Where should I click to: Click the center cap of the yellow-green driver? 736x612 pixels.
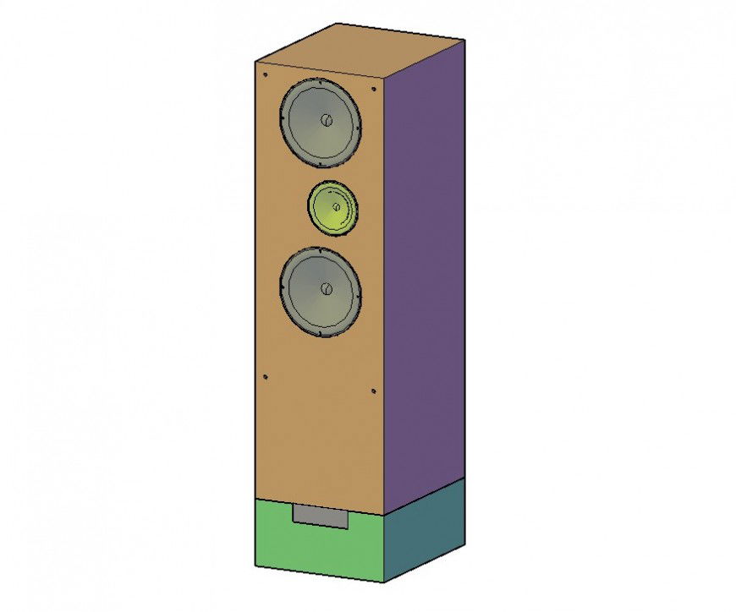click(x=336, y=206)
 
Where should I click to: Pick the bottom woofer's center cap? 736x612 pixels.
click(x=326, y=289)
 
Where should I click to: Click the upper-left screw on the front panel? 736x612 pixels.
click(x=265, y=74)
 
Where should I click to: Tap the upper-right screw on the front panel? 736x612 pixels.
click(x=373, y=88)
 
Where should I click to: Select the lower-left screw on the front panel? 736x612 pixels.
click(x=265, y=377)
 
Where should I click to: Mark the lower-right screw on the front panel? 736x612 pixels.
click(x=373, y=391)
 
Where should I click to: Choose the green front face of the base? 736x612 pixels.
click(x=279, y=541)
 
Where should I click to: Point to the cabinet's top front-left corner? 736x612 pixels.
click(x=256, y=62)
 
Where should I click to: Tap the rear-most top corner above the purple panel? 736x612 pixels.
click(x=464, y=40)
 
